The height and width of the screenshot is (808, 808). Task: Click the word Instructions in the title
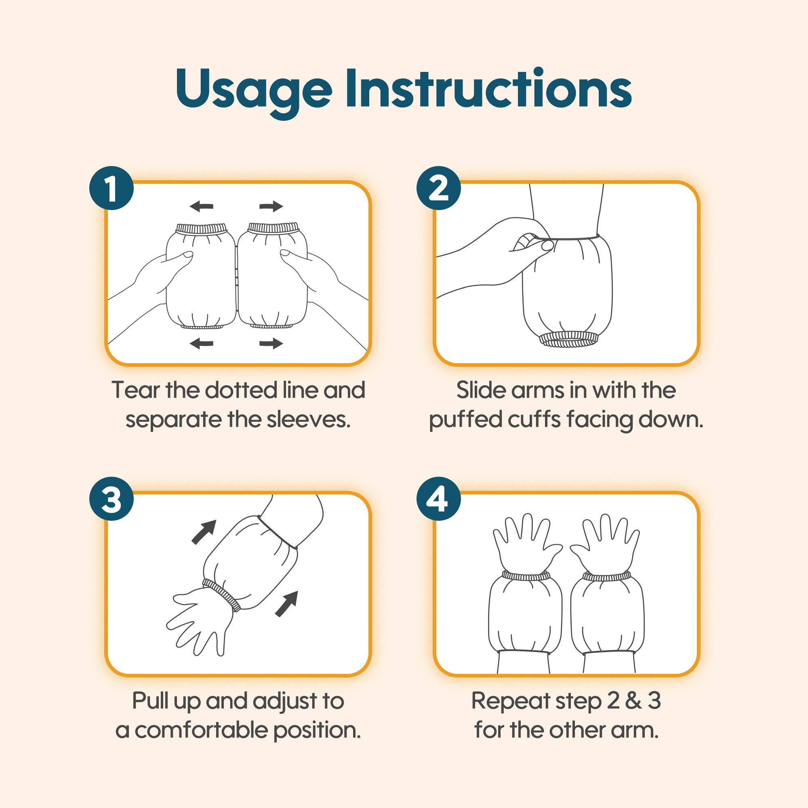[488, 88]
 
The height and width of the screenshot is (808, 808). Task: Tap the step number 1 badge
[112, 188]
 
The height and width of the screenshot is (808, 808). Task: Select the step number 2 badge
[438, 188]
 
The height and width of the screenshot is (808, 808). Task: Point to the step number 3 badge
[112, 499]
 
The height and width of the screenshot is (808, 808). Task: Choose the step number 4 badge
[438, 499]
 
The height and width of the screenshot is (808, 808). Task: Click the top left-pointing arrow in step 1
[202, 206]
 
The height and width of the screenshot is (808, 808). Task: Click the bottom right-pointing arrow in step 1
[271, 344]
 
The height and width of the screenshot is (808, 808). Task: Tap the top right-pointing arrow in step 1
[271, 206]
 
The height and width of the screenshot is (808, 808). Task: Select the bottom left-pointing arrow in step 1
[202, 344]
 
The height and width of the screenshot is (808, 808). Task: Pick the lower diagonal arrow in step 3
[286, 604]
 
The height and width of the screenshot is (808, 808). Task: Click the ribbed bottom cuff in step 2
[568, 339]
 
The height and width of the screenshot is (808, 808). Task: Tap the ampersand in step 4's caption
[633, 701]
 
